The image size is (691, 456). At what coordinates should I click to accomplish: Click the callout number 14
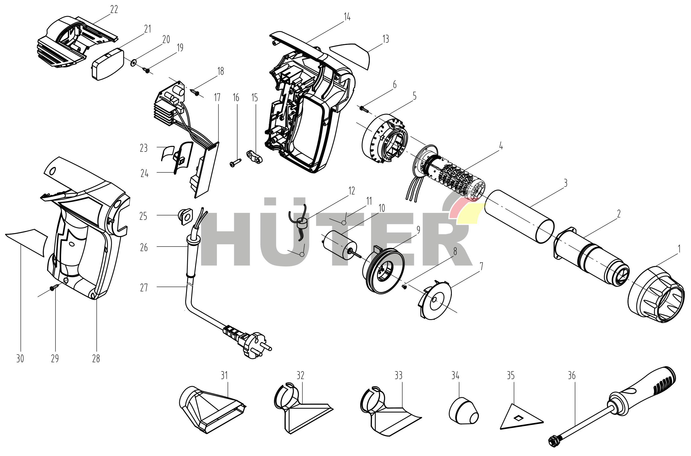(347, 18)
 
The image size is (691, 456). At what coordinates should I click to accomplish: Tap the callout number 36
(571, 376)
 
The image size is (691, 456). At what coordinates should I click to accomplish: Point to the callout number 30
(20, 359)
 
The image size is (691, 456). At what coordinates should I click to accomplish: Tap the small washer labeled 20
(134, 62)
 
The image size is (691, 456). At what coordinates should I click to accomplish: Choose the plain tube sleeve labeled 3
(520, 216)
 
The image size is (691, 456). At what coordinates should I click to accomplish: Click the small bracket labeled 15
(254, 156)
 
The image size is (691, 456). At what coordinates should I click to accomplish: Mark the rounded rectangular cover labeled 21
(108, 64)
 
